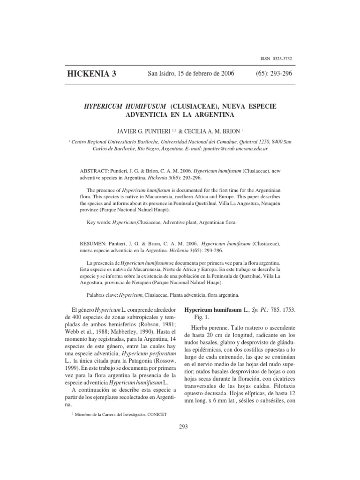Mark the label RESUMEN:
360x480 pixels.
pos(96,244)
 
